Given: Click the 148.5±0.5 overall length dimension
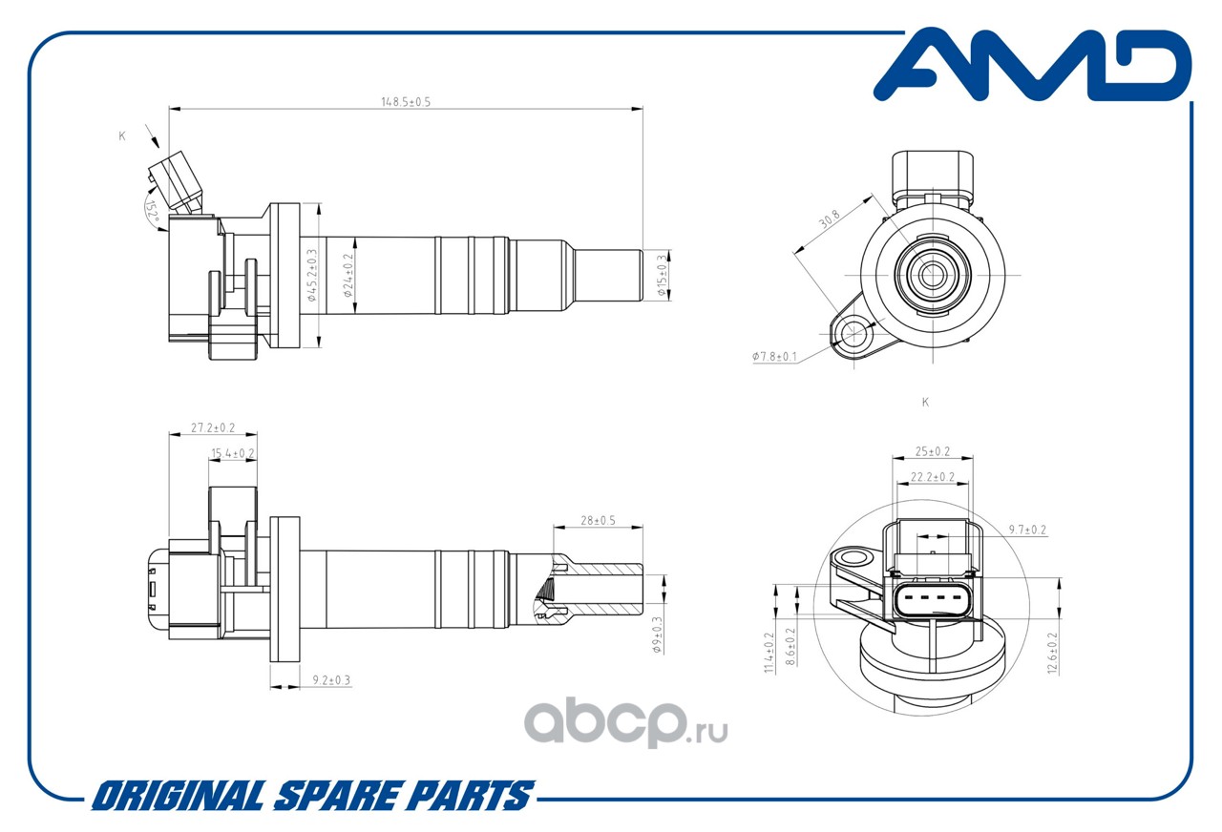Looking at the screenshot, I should tap(406, 102).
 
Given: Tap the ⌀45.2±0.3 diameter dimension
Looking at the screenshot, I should tap(311, 275).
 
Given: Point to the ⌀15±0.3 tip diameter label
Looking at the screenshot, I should tap(662, 275).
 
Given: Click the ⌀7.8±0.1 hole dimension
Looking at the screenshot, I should tap(774, 357).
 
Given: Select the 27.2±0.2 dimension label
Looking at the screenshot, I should tap(212, 428).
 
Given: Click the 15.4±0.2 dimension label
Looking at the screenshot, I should tap(233, 453).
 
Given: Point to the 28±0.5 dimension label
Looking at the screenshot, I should tap(598, 521).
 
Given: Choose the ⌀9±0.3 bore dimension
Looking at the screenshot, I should tap(657, 634).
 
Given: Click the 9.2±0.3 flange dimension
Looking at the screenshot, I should tap(331, 680).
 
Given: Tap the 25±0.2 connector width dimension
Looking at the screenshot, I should tap(932, 451).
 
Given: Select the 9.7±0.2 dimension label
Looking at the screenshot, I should tap(1028, 530).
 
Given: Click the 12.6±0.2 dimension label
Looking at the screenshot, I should tap(1054, 653).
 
